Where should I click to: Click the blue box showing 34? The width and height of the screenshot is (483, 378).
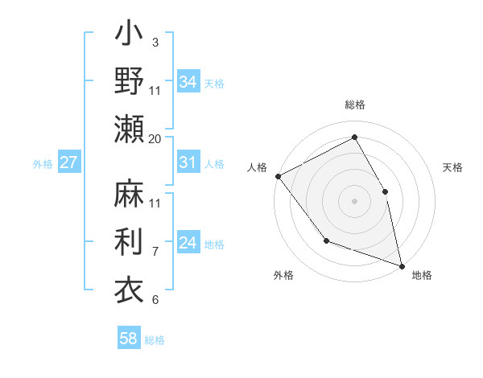pos(188,81)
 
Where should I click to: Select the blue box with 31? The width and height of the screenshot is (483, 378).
pos(188,162)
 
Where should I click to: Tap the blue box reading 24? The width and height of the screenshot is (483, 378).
pos(188,243)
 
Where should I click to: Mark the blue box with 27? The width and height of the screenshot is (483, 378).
pos(68,162)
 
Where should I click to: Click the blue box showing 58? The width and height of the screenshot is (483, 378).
pos(129,339)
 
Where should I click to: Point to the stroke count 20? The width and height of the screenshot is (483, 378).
pos(155,138)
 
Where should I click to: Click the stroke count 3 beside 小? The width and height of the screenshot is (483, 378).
pos(155,42)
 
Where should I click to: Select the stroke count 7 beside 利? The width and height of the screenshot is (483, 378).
pos(155,251)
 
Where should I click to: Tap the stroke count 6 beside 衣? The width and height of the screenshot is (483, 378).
pos(155,299)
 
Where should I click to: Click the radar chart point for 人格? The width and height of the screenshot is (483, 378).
pos(278,176)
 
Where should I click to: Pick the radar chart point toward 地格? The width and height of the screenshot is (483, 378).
pos(401,265)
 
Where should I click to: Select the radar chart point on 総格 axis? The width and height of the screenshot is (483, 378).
pos(354,137)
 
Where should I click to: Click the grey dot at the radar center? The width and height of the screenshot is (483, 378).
pos(354,200)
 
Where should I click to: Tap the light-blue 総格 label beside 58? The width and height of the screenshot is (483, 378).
pos(155,340)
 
